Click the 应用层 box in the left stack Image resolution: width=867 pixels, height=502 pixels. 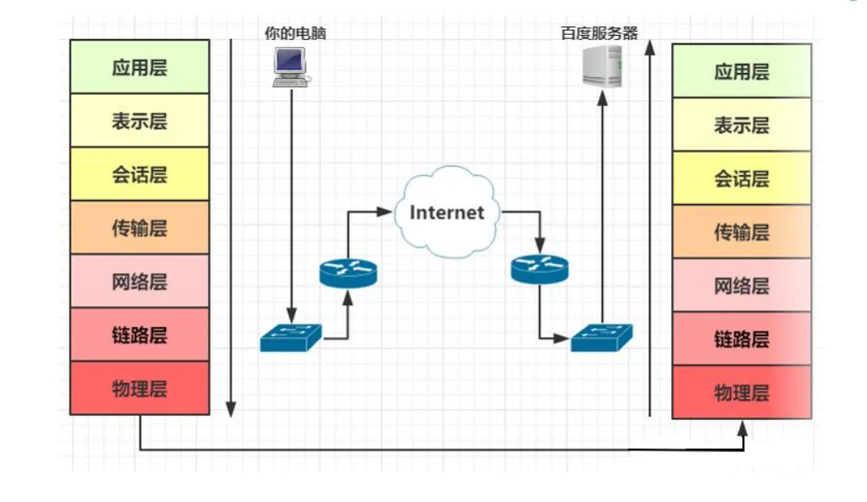(x=139, y=67)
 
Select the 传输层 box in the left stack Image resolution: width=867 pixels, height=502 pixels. (x=139, y=227)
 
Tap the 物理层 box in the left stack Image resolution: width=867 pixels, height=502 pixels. (x=139, y=388)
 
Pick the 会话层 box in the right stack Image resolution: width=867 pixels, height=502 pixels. (x=741, y=178)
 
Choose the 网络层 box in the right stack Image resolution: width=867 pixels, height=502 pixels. (x=741, y=285)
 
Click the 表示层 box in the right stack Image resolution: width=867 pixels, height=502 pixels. (x=741, y=124)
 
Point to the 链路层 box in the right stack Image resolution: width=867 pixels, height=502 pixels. (x=741, y=339)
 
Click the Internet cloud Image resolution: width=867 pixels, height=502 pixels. (x=446, y=212)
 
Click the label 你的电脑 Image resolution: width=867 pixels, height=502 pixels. (x=290, y=34)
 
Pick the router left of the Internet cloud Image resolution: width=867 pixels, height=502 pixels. (x=348, y=271)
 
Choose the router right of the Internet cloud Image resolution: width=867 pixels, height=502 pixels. (x=540, y=268)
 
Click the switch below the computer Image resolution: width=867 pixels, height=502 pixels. (x=290, y=337)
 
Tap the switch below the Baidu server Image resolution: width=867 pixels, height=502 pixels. (x=601, y=337)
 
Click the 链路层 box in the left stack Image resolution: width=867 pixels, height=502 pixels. (x=139, y=334)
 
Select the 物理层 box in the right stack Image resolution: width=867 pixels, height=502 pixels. (x=741, y=392)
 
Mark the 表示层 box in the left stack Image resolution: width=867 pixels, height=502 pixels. (x=139, y=121)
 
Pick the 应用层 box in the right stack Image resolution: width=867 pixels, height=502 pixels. (x=741, y=71)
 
